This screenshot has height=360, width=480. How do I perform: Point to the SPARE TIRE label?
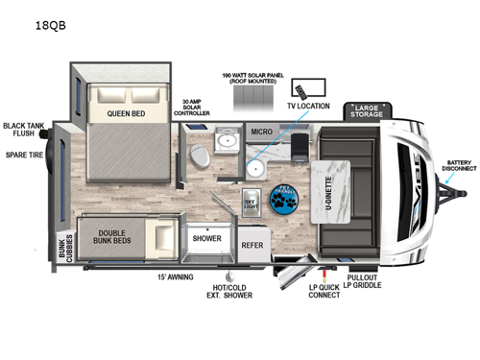tap(25, 154)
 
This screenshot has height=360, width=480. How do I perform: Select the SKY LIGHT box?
tap(250, 203)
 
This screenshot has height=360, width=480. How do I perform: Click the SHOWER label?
tap(207, 238)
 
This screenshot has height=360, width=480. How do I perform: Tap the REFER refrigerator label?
tap(252, 245)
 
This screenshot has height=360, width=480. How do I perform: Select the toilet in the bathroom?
tap(198, 155)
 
